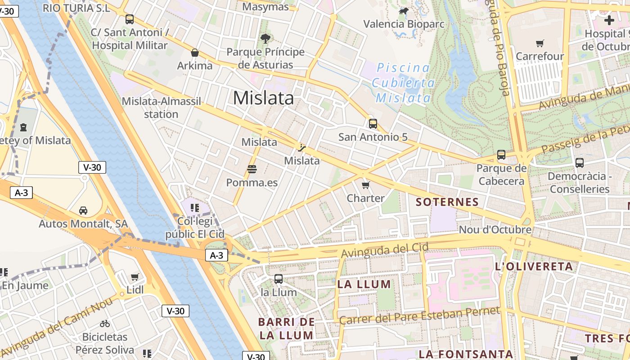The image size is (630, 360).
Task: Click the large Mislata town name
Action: (x=263, y=98)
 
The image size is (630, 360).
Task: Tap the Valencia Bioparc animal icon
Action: (x=404, y=11)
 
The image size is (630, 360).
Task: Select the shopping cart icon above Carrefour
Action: (x=540, y=43)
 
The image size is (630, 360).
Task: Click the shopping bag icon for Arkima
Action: (x=195, y=53)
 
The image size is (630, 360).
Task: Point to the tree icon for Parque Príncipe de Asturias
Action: (x=265, y=39)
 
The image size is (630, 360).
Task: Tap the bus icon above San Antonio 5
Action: (x=373, y=124)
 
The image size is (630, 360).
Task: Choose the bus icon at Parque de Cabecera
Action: (x=501, y=155)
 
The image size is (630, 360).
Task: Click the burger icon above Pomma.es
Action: (x=252, y=170)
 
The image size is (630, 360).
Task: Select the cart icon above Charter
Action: (x=365, y=185)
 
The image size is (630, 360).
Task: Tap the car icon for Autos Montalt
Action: (x=83, y=211)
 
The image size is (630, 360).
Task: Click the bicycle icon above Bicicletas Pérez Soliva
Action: (x=105, y=324)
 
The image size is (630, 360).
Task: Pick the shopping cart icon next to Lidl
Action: (x=135, y=277)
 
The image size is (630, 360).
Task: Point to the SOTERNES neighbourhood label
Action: (x=447, y=202)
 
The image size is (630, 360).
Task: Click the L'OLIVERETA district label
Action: (x=534, y=266)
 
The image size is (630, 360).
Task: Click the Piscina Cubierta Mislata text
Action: (x=403, y=83)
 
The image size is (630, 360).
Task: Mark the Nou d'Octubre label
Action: (x=495, y=229)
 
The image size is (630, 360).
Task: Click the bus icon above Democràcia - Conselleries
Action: (x=580, y=163)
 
